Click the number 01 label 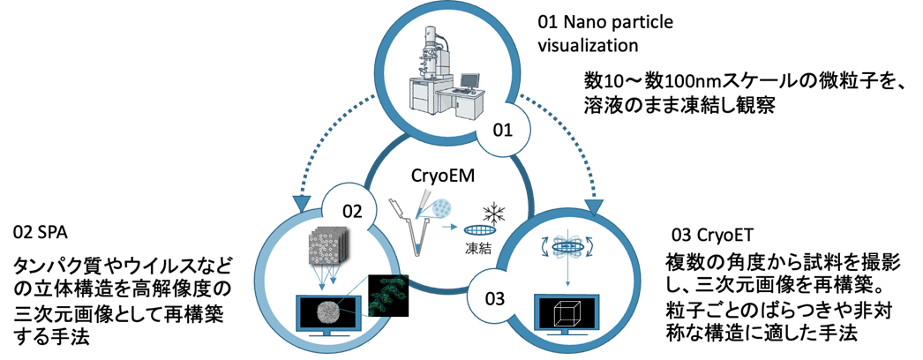pyautogui.click(x=502, y=131)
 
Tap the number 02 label pyautogui.click(x=351, y=212)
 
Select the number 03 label pyautogui.click(x=495, y=297)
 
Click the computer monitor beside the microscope pyautogui.click(x=469, y=80)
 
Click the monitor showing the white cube pyautogui.click(x=567, y=314)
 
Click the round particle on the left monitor pyautogui.click(x=327, y=312)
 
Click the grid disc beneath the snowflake pyautogui.click(x=480, y=231)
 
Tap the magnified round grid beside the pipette pyautogui.click(x=441, y=209)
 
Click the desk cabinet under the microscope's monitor pyautogui.click(x=468, y=108)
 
